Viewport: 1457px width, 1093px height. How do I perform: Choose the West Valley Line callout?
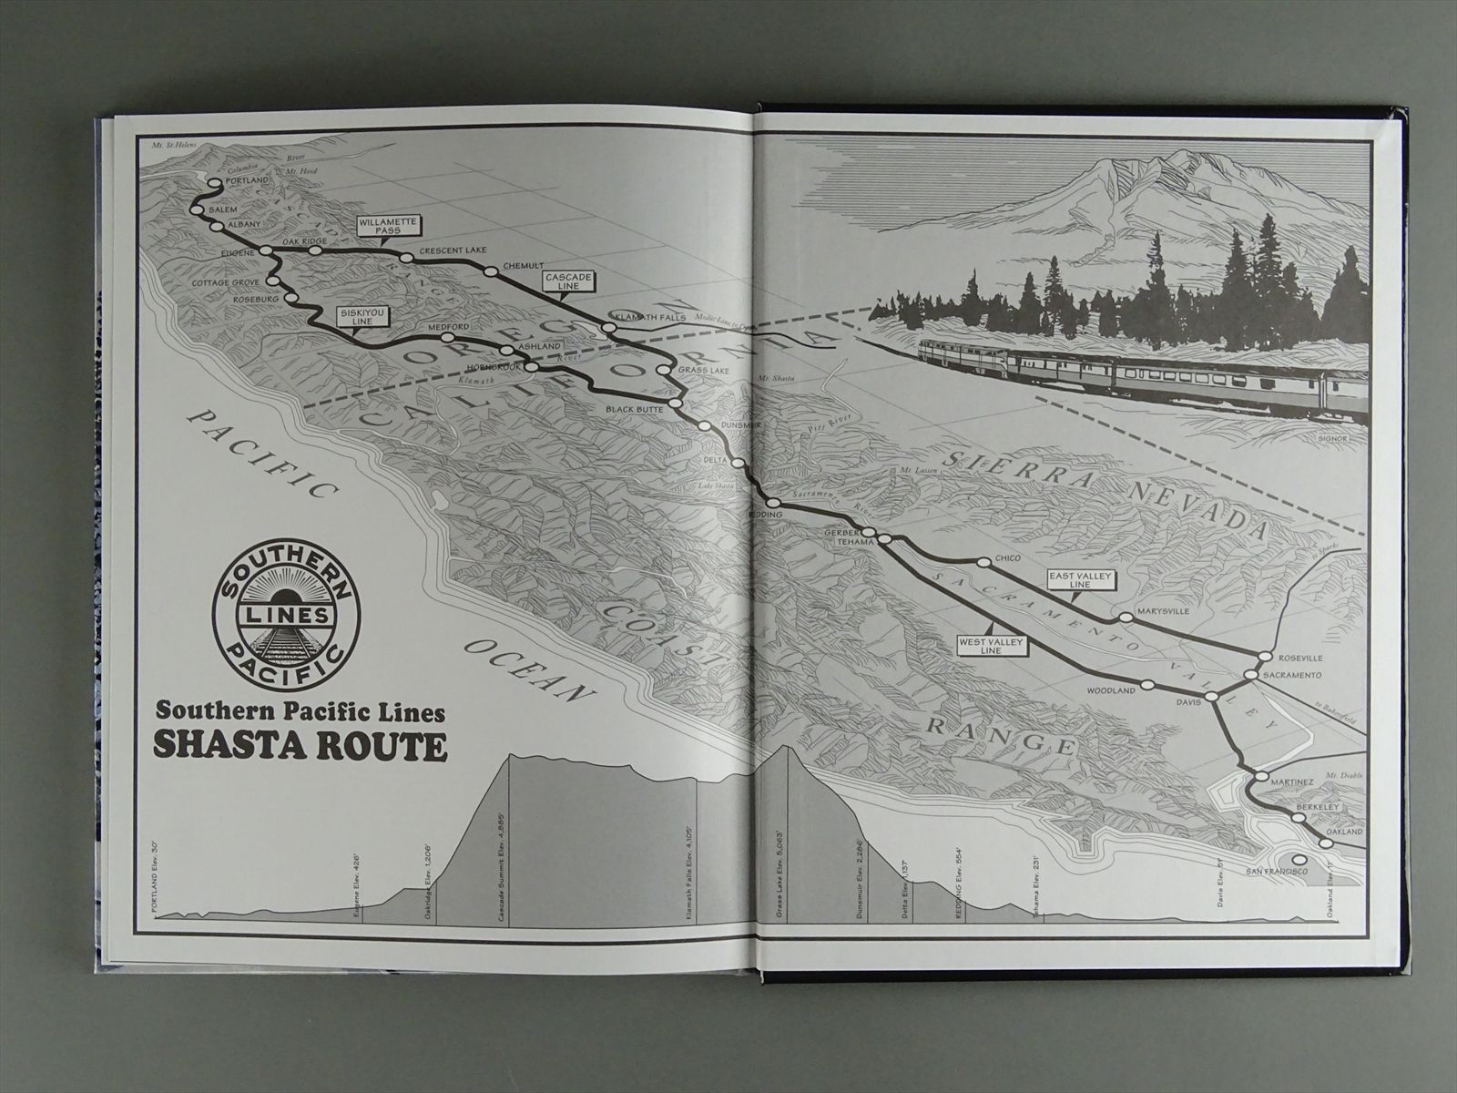[991, 646]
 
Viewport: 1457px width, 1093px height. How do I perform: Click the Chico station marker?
[983, 563]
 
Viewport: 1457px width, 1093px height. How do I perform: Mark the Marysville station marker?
[1126, 618]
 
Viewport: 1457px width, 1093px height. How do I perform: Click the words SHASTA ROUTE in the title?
[301, 746]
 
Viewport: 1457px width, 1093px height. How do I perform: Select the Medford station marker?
[449, 338]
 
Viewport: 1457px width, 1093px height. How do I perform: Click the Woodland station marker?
[1148, 684]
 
